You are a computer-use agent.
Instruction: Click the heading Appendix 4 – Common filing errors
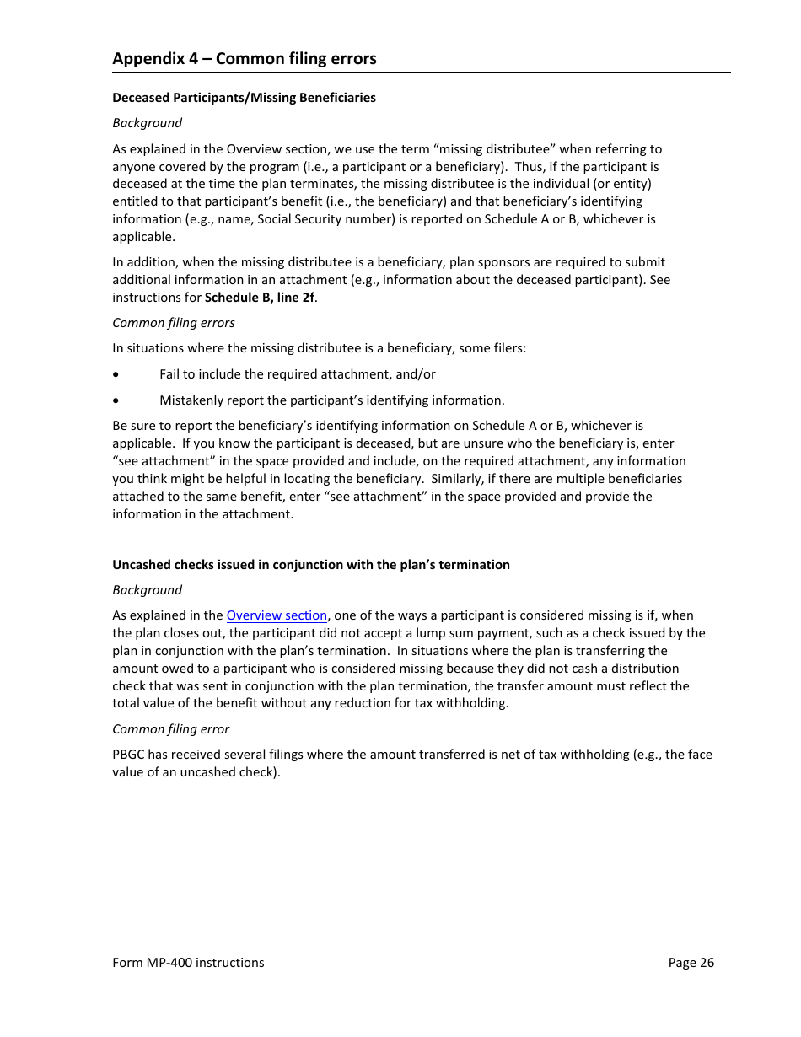245,59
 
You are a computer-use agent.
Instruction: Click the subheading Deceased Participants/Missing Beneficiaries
245,98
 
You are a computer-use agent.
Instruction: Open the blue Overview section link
277,616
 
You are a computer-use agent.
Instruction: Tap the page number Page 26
691,963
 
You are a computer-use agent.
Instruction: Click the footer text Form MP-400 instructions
188,963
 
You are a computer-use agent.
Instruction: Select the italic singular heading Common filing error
171,729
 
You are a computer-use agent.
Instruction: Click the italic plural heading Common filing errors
174,323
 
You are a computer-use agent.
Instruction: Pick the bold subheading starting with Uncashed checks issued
311,565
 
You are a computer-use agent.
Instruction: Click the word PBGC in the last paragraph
129,755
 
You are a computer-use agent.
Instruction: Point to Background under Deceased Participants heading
148,123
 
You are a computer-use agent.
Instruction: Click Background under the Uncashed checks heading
148,590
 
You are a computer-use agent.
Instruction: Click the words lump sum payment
492,633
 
